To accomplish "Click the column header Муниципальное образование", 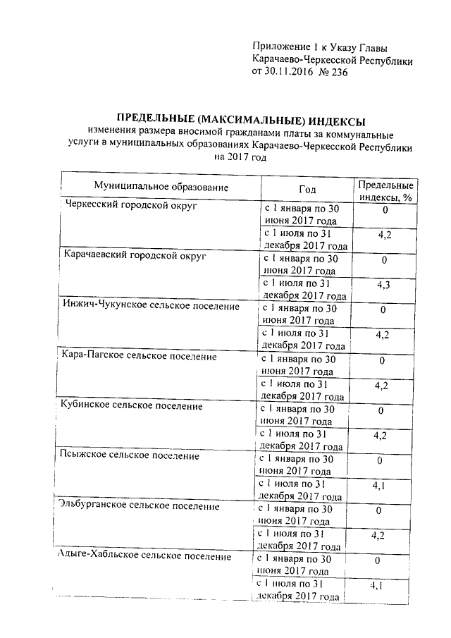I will click(162, 187).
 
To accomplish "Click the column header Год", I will click(307, 189).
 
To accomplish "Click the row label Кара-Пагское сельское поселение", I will click(139, 357).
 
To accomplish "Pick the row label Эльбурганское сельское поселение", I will click(144, 506).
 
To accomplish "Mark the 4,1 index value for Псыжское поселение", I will click(378, 486).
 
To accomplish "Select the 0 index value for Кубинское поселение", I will click(381, 410).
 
